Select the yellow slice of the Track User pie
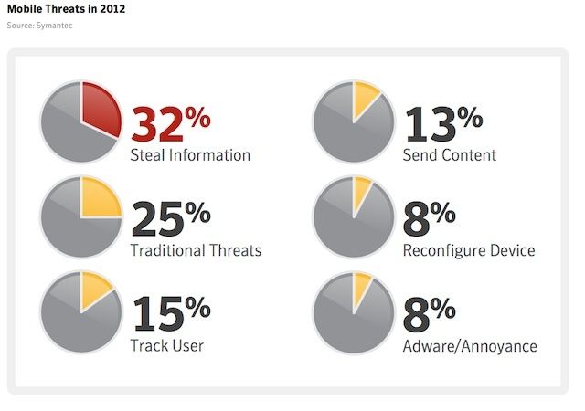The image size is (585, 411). (x=94, y=291)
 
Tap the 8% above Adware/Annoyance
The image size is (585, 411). (x=430, y=312)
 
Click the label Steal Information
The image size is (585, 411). (x=190, y=155)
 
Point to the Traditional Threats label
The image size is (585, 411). (x=196, y=250)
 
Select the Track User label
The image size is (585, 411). (x=166, y=345)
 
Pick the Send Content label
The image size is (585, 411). (x=450, y=155)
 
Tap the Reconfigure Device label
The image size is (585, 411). (x=469, y=250)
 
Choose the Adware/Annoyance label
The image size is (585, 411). (x=470, y=346)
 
